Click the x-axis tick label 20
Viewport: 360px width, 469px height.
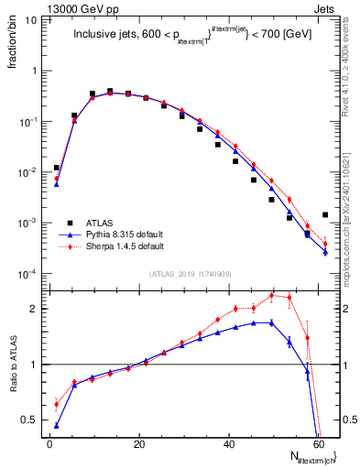click(x=139, y=444)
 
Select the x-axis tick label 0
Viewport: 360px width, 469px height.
click(x=49, y=444)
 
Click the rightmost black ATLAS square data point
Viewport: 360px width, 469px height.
click(x=325, y=215)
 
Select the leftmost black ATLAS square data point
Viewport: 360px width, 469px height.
click(x=57, y=168)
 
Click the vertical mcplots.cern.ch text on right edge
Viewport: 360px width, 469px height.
click(x=352, y=220)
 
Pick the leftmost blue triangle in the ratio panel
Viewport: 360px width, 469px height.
click(x=57, y=425)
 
